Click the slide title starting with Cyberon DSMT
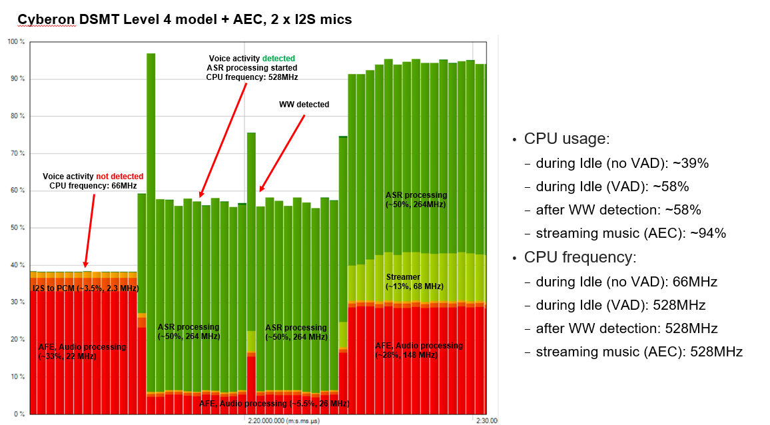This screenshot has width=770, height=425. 185,19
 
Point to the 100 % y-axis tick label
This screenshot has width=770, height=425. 15,42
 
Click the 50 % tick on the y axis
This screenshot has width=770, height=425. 17,228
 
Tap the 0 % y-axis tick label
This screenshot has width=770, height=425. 19,414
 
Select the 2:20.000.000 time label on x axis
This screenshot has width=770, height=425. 277,421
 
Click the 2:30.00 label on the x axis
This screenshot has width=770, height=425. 486,421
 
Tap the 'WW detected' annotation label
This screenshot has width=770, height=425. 304,105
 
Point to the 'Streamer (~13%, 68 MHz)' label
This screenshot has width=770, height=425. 414,281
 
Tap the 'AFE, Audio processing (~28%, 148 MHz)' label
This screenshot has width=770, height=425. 418,350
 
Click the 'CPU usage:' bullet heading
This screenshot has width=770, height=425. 567,139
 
